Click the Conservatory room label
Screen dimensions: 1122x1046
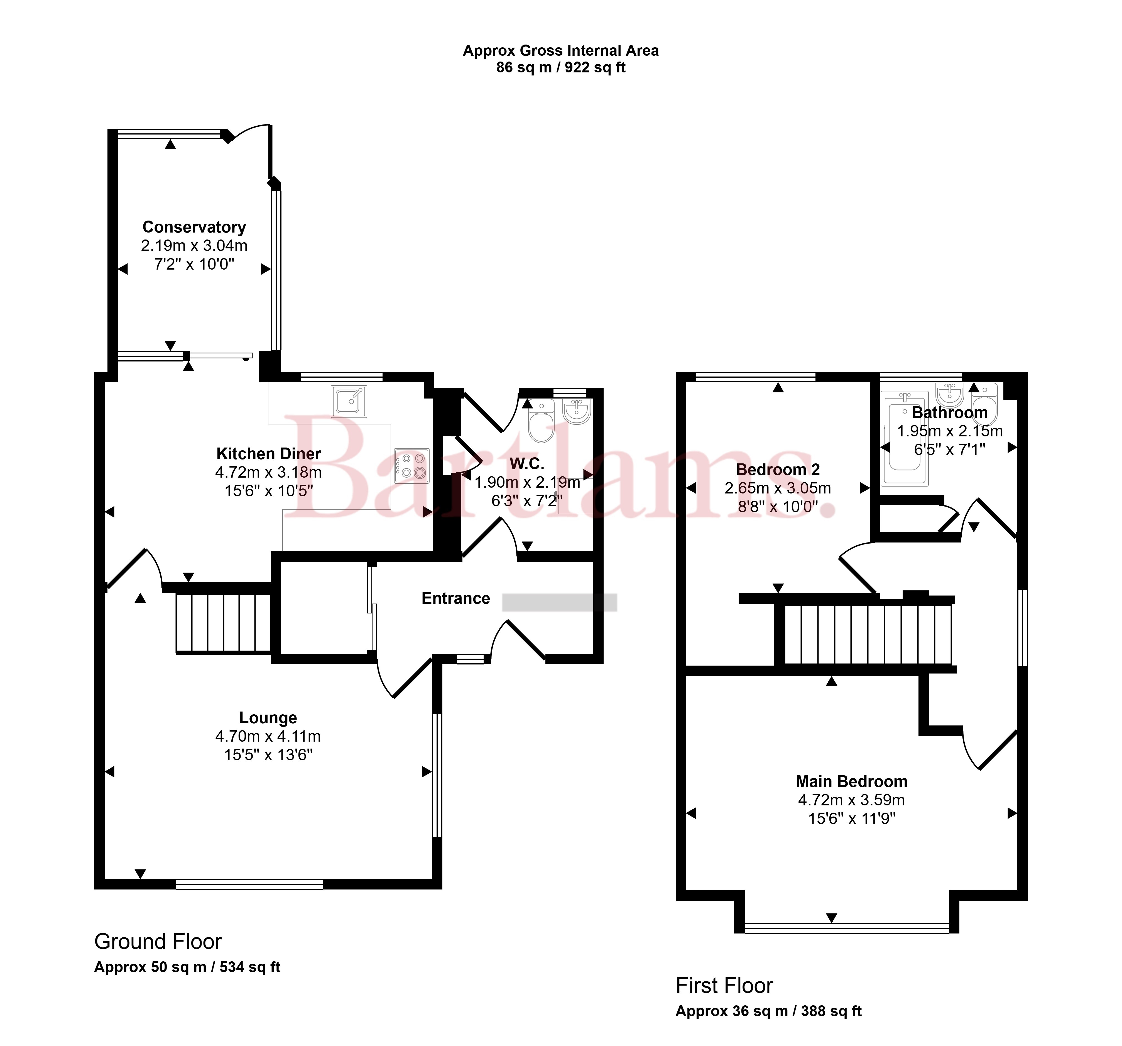coord(194,227)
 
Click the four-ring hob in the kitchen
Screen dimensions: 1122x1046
coord(412,466)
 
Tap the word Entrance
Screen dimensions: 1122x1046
coord(456,598)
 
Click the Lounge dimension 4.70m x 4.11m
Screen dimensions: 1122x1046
coord(268,736)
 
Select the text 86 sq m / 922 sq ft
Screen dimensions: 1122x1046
coord(561,68)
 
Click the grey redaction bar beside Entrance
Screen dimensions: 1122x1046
coord(559,602)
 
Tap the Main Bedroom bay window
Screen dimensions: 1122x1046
coord(847,927)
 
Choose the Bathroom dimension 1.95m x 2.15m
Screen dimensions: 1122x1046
coord(950,431)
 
